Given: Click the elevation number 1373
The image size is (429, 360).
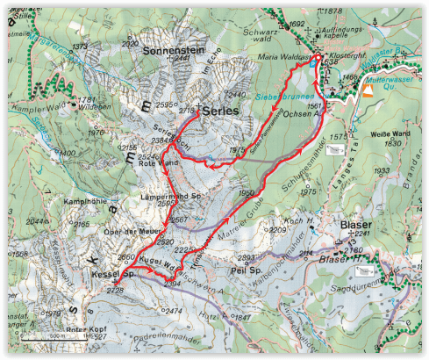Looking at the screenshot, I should tap(82, 47).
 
